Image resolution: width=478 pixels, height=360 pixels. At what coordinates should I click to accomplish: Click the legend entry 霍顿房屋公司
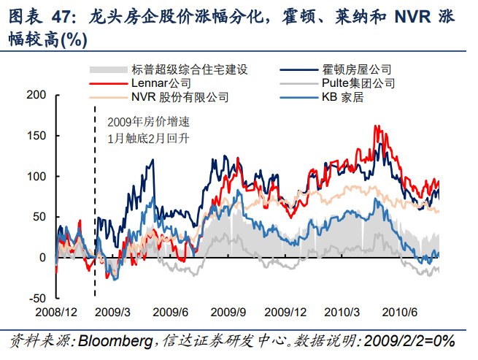[358, 70]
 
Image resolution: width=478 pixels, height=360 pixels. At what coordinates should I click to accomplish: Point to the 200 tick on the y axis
[36, 95]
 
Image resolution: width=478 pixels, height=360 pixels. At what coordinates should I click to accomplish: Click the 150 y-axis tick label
[36, 136]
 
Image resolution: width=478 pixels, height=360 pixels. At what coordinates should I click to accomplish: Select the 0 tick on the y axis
[42, 258]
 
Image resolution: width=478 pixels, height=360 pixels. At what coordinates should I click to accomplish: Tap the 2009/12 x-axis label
[285, 312]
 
